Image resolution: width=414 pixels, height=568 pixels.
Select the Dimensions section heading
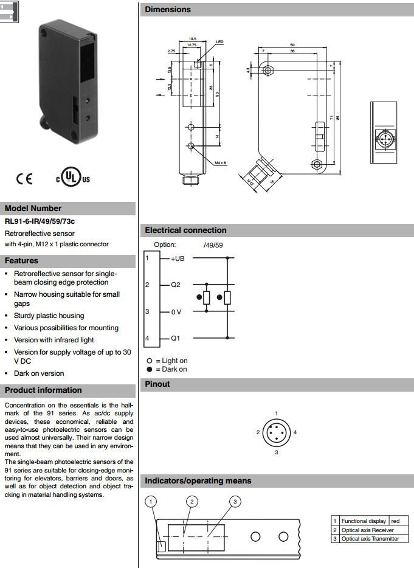168,10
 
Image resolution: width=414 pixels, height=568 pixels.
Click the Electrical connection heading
185,230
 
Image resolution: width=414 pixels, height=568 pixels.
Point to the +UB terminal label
178,259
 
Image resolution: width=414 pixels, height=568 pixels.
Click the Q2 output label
175,285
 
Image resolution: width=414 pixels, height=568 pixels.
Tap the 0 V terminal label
176,312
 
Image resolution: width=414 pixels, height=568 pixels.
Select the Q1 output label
175,338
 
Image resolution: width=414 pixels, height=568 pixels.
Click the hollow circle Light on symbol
150,361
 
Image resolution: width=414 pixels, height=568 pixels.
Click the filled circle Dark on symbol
150,369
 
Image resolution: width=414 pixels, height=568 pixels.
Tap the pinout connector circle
276,432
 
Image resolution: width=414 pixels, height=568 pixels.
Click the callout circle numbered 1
152,502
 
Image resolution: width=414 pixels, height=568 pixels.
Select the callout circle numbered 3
235,501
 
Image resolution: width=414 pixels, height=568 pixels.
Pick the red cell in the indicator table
396,521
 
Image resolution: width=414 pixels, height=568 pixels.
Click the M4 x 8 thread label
220,163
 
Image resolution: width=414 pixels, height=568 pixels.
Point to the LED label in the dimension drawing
220,43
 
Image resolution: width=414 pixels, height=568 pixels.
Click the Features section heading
22,261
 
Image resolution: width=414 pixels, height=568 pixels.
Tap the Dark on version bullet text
39,373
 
